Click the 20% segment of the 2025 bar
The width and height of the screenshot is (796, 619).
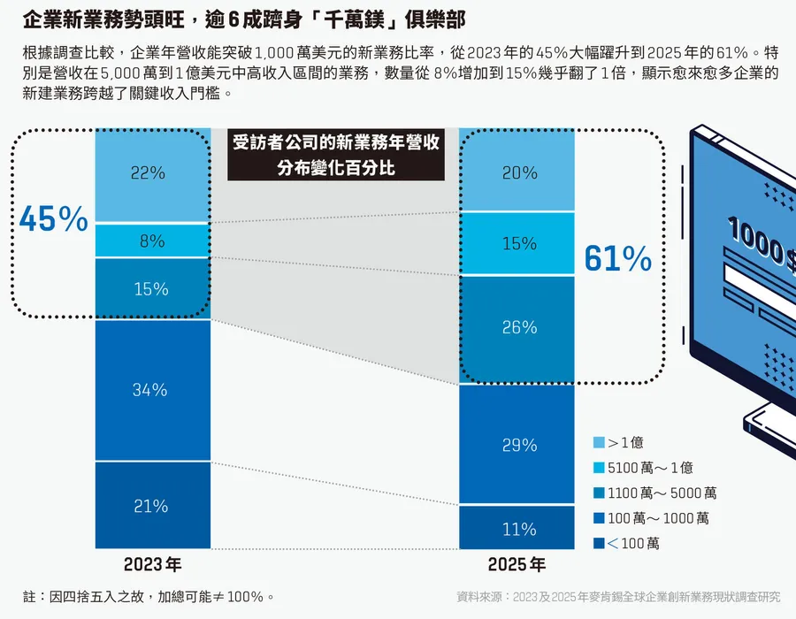pyautogui.click(x=518, y=174)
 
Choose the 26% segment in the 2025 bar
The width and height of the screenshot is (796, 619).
pyautogui.click(x=518, y=327)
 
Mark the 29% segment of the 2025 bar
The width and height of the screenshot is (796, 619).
pyautogui.click(x=518, y=445)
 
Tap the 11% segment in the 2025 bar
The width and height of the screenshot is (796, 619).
pyautogui.click(x=518, y=529)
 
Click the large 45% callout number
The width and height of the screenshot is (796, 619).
pyautogui.click(x=53, y=219)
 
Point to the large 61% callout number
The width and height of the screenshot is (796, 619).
pyautogui.click(x=617, y=258)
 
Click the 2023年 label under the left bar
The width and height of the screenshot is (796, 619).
pyautogui.click(x=152, y=565)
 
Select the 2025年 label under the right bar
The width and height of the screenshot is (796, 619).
pyautogui.click(x=517, y=565)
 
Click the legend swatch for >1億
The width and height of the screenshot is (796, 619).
pyautogui.click(x=600, y=442)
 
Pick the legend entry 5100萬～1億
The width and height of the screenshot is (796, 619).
pyautogui.click(x=649, y=468)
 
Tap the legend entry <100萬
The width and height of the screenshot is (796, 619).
pyautogui.click(x=631, y=543)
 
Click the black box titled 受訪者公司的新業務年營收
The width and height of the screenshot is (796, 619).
pyautogui.click(x=335, y=155)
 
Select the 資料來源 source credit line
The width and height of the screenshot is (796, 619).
pyautogui.click(x=618, y=597)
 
